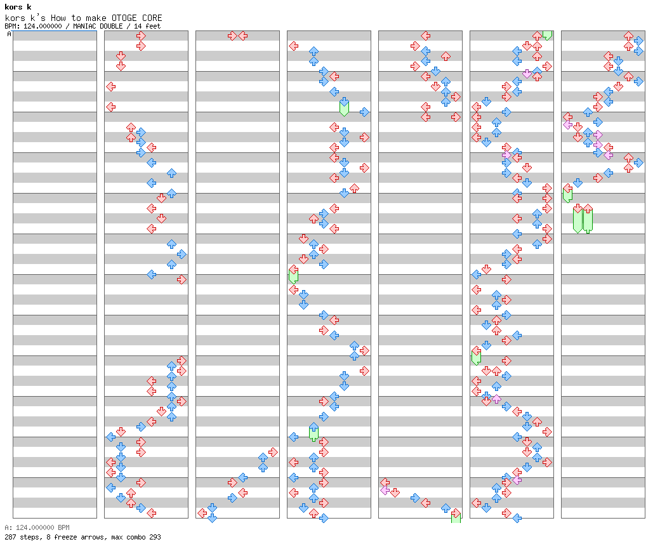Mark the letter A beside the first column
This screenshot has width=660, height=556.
9,34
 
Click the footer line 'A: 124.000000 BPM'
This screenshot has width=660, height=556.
37,527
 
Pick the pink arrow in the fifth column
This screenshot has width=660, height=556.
385,490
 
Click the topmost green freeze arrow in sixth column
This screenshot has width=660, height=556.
547,35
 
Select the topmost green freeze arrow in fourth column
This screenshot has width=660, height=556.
344,106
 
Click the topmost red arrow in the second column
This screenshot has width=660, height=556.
141,36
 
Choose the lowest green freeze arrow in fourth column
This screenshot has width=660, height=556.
313,432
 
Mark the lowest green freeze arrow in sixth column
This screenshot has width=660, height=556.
476,355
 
